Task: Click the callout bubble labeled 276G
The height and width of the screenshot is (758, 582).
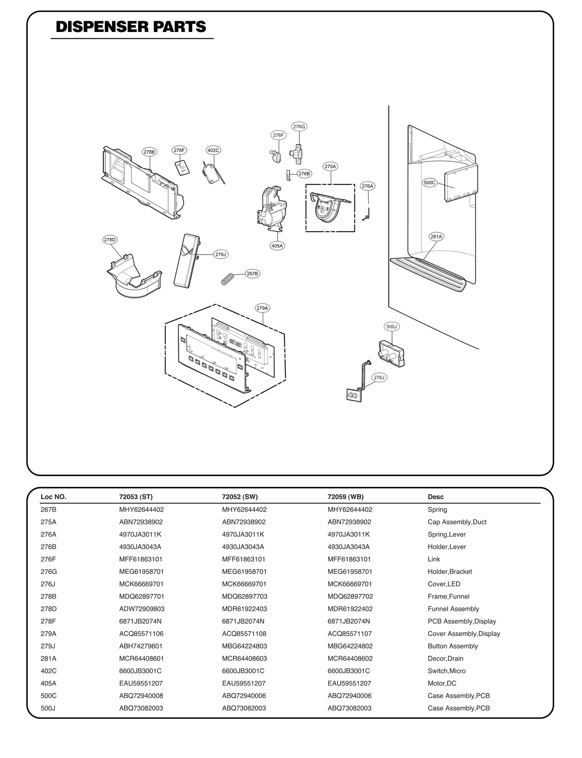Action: click(x=299, y=127)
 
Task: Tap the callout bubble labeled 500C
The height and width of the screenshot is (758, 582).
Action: click(x=429, y=183)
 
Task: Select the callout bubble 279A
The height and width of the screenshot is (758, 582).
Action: click(x=262, y=308)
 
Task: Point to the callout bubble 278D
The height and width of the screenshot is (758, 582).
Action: click(x=109, y=240)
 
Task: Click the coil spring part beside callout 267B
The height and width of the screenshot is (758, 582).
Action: click(x=227, y=279)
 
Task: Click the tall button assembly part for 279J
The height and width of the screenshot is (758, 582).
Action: click(x=186, y=260)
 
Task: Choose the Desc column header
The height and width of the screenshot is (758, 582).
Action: click(x=435, y=497)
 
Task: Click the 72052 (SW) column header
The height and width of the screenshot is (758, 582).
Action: click(x=240, y=497)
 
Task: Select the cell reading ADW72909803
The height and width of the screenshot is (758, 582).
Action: click(x=141, y=609)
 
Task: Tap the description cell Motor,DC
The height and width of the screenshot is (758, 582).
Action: click(x=442, y=683)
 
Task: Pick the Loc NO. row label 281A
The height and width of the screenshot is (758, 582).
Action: click(x=48, y=658)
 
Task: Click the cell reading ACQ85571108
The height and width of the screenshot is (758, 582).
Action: click(x=244, y=634)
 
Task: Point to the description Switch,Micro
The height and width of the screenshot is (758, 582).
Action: click(x=446, y=671)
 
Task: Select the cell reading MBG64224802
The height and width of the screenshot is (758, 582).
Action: click(x=350, y=646)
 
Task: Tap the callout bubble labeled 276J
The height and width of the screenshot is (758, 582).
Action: click(x=379, y=378)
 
